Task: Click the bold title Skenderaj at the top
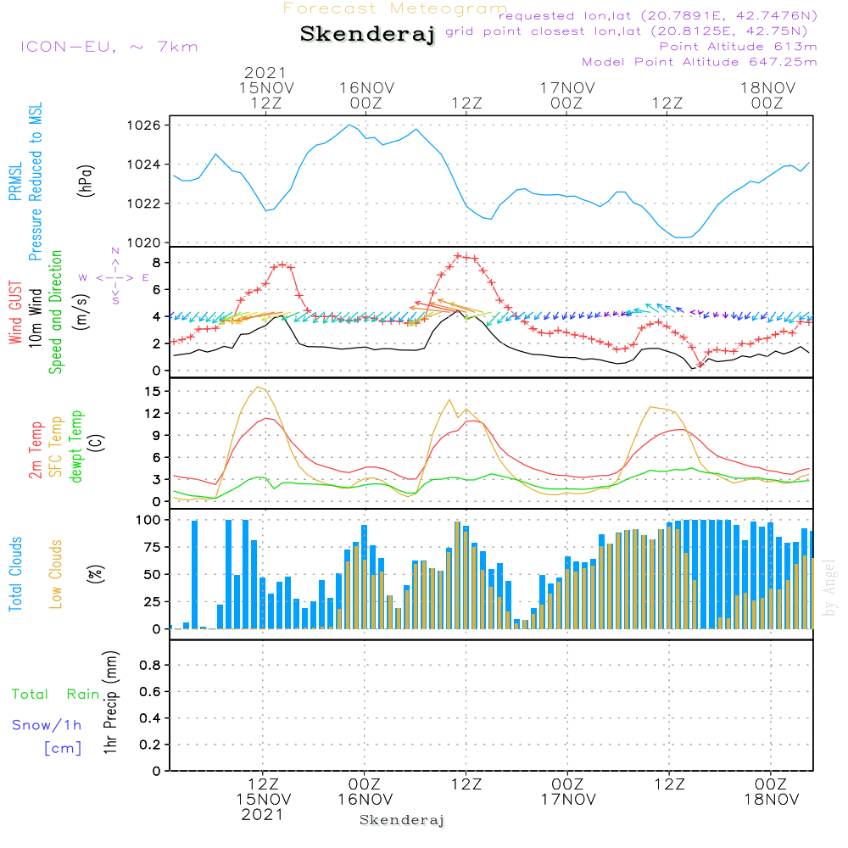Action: (367, 35)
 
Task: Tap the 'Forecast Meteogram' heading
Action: (395, 8)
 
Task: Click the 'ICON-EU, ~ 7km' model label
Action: (109, 46)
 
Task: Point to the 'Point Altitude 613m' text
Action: (738, 46)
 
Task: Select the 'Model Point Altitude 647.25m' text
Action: (699, 62)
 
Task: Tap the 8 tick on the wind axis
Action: (155, 262)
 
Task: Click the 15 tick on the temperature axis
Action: (153, 391)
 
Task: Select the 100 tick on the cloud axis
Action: (148, 520)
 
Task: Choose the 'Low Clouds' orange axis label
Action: (56, 574)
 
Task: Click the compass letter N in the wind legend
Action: (115, 252)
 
